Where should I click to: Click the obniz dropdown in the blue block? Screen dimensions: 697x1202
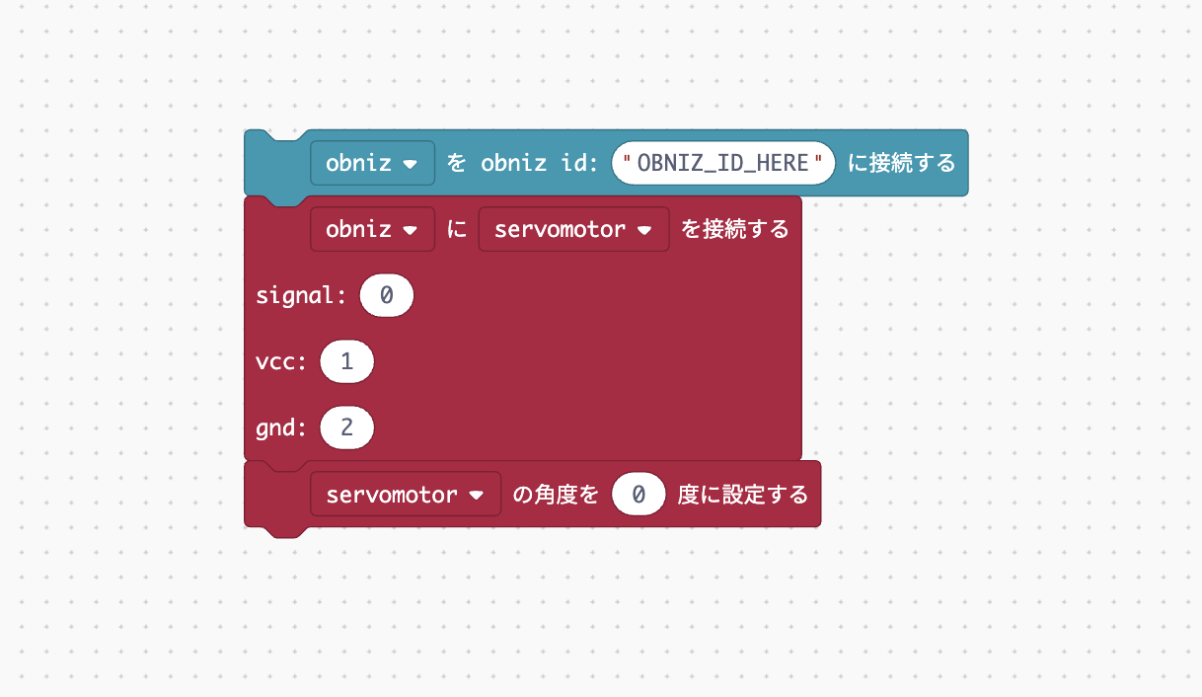[372, 163]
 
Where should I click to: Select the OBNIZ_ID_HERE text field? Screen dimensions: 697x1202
[722, 163]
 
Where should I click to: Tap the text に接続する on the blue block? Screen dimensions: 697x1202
[902, 163]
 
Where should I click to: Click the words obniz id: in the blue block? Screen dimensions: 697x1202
[539, 163]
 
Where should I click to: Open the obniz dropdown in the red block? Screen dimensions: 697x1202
[372, 229]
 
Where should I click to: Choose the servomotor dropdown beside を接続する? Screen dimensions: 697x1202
[573, 229]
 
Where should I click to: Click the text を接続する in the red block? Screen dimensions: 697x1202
[735, 229]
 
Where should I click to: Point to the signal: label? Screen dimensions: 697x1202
[301, 295]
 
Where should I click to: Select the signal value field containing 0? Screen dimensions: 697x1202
[387, 295]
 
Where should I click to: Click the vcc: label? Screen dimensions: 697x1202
[281, 362]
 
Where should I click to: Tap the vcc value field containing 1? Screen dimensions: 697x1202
[346, 362]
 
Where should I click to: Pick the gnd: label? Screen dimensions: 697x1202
[281, 428]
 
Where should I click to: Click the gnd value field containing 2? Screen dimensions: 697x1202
[346, 428]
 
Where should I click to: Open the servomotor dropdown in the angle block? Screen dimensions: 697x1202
[405, 494]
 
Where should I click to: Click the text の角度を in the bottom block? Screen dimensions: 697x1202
[556, 494]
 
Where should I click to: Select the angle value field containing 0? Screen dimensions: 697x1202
[639, 494]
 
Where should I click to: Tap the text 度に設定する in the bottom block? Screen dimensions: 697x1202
[743, 494]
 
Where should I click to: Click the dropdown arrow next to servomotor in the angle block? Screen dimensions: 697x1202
[477, 495]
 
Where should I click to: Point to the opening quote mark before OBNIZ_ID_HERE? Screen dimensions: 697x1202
[628, 161]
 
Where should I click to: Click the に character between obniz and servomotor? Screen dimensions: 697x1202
[457, 229]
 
